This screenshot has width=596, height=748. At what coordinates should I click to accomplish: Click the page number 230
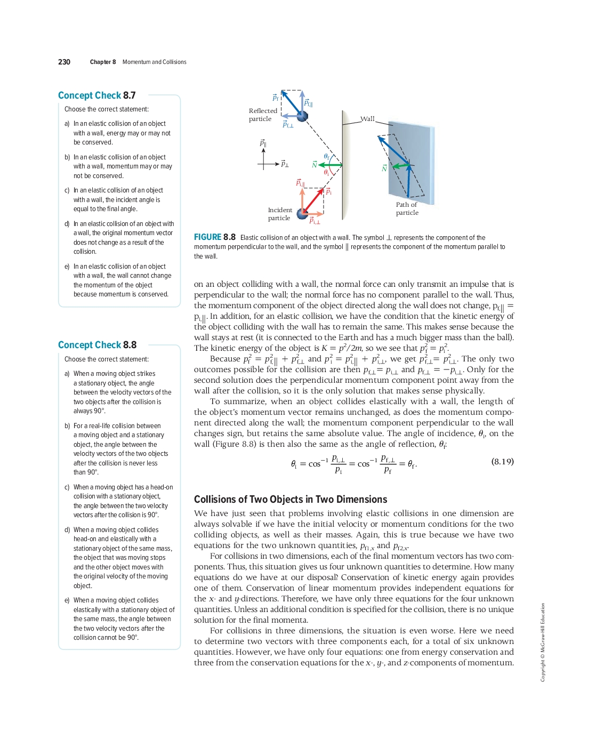64,62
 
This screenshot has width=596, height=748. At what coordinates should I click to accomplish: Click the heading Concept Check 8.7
96,95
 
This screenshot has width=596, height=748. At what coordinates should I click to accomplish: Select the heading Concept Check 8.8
97,345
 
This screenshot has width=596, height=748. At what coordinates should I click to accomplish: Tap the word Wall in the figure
367,119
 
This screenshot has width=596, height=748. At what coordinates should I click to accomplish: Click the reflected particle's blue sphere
302,116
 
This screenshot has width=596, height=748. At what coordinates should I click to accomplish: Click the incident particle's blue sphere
302,214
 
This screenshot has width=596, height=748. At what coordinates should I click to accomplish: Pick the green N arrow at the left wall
331,165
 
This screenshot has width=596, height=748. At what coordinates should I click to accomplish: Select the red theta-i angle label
326,173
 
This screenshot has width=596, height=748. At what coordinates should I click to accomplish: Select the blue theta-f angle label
327,157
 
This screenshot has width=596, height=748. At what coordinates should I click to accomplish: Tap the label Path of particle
407,208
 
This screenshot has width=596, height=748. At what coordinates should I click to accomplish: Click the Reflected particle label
262,115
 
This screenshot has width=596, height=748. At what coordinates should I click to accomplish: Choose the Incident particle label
280,214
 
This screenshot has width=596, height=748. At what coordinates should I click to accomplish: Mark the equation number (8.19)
502,462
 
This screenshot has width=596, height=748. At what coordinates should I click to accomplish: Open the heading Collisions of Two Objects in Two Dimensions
290,500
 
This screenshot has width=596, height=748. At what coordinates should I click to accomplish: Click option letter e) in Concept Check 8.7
67,267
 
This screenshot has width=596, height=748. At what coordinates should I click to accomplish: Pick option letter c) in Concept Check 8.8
67,487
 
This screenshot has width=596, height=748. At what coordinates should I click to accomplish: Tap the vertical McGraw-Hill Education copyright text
543,642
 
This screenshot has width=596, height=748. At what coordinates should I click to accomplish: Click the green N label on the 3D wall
384,168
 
